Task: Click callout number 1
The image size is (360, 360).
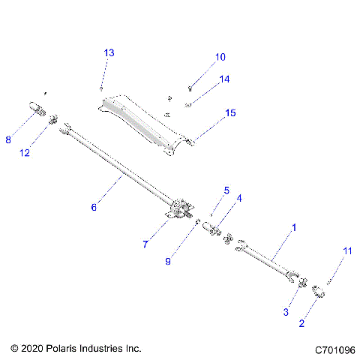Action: [294, 226]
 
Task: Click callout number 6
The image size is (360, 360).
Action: [94, 208]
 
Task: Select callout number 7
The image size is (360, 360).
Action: [146, 244]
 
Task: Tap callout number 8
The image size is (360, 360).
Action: [8, 139]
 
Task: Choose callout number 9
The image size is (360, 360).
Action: [168, 261]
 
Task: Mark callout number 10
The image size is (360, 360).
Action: [220, 57]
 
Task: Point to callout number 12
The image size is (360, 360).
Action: [25, 153]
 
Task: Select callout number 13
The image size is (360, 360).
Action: [109, 53]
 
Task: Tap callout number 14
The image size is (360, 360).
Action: [224, 79]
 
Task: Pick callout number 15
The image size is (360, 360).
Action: [230, 113]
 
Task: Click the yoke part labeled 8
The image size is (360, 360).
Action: [36, 109]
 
